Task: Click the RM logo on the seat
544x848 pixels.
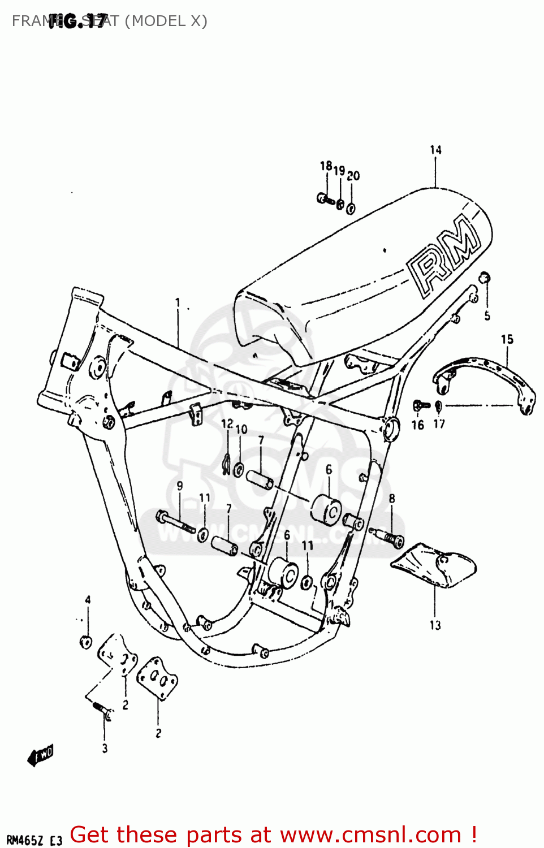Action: tap(444, 256)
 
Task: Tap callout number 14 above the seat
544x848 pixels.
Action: tap(435, 150)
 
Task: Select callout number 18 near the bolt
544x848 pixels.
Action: tap(326, 166)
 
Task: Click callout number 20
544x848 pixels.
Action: tap(353, 176)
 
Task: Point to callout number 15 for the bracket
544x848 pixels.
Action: tap(507, 339)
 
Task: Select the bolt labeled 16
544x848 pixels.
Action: tap(420, 405)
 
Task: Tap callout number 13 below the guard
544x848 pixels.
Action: tap(435, 625)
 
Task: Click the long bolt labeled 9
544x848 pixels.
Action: tap(175, 522)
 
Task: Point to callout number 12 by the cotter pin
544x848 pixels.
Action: tap(227, 423)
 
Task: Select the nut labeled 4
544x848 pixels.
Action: tap(86, 642)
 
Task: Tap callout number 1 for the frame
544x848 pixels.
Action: tap(178, 302)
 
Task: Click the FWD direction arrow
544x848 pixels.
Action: tap(41, 755)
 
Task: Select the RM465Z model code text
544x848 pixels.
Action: tap(25, 840)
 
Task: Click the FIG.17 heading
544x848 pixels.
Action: tap(77, 21)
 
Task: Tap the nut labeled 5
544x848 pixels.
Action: tap(485, 278)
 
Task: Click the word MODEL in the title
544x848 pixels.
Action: tap(159, 21)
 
